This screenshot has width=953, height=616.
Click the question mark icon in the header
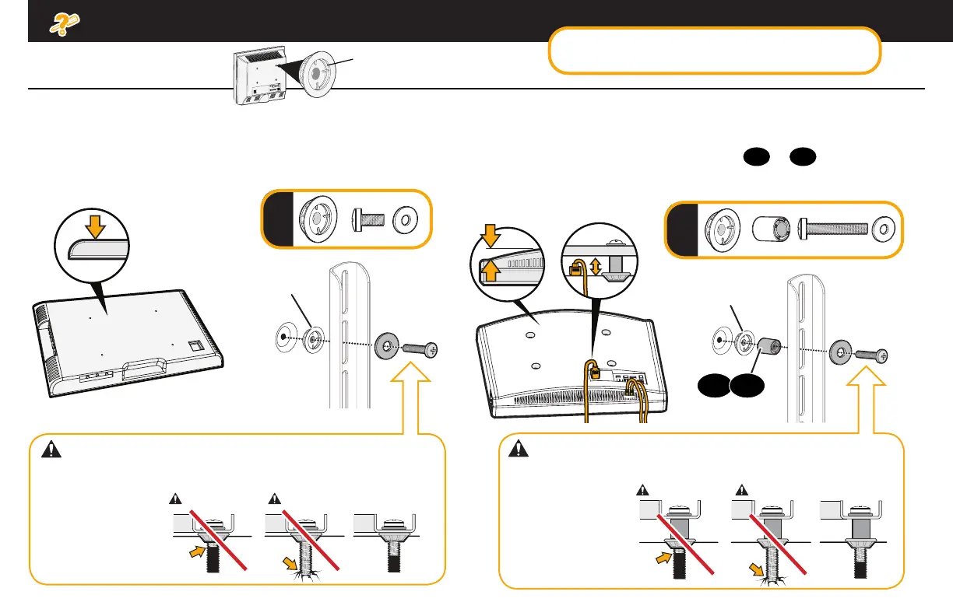click(x=61, y=24)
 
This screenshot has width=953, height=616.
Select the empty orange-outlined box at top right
click(x=715, y=51)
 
